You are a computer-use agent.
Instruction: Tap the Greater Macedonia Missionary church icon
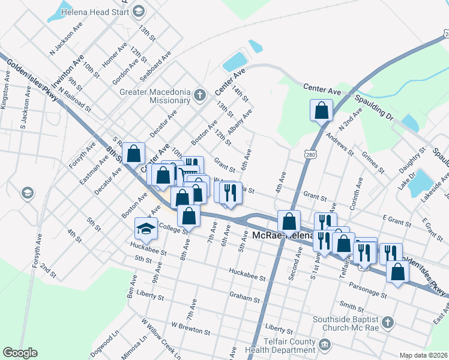tap(200, 95)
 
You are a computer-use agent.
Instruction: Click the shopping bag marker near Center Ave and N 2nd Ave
tap(322, 110)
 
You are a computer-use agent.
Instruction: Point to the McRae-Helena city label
tap(282, 235)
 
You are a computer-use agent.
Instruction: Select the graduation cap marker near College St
tap(145, 229)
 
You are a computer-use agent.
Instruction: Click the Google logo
tap(20, 353)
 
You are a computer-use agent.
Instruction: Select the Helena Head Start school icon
tap(139, 10)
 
